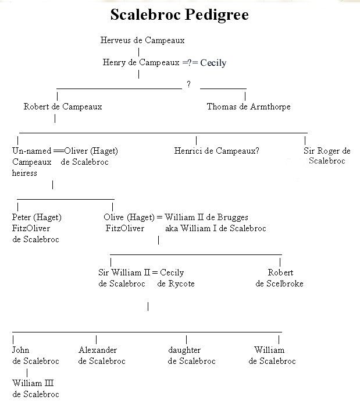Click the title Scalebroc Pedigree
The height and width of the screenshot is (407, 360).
(x=179, y=15)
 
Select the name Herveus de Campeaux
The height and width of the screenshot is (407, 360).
(x=142, y=41)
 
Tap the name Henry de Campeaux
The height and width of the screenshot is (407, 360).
(x=141, y=62)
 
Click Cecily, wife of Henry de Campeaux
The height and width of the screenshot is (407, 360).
(x=213, y=63)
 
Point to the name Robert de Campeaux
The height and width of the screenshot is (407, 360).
(x=63, y=107)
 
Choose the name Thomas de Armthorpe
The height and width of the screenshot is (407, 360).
(x=248, y=107)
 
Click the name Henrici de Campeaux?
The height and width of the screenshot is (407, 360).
(x=216, y=151)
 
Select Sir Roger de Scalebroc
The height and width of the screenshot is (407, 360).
(x=327, y=155)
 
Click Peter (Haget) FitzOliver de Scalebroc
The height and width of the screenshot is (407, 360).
(x=36, y=228)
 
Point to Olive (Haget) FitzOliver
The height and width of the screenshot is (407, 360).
(x=129, y=223)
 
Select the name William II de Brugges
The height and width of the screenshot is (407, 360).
(x=206, y=218)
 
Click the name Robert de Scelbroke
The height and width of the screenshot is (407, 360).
(x=280, y=278)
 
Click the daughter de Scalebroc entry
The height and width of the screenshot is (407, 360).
(x=191, y=355)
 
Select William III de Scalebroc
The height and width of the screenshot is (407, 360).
(x=35, y=389)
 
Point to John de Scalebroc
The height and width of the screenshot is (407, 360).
(x=35, y=355)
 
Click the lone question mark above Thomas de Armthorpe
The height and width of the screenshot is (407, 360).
(x=189, y=85)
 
